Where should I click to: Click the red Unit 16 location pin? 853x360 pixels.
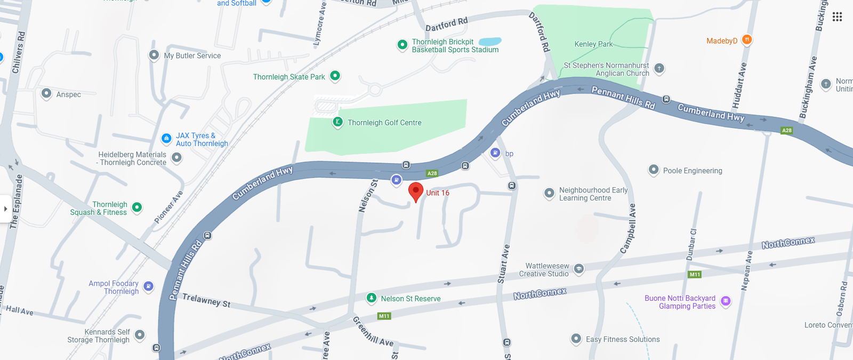pos(416,191)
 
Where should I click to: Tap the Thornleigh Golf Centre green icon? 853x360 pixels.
pos(337,122)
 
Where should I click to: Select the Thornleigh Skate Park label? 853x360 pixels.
pos(289,77)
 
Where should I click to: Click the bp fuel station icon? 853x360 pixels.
pos(495,153)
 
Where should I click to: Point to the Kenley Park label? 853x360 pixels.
pos(593,44)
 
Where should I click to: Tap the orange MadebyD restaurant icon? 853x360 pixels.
pos(747,39)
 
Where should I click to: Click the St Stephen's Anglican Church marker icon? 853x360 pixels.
pos(659,68)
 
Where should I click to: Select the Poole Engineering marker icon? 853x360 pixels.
pos(654,170)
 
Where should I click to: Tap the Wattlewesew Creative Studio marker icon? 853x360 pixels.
pos(579,268)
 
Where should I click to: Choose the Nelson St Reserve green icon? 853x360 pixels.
pos(372,298)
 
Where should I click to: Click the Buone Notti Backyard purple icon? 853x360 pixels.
pos(726,301)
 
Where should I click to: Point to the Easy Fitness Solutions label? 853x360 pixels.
pos(623,339)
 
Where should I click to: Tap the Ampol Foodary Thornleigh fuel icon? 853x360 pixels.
pos(149,286)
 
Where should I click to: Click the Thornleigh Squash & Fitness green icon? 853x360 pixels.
pos(137,207)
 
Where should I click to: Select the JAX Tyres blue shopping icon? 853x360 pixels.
pos(166,138)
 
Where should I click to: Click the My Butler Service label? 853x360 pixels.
pos(192,55)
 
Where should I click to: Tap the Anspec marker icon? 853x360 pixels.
pos(46,93)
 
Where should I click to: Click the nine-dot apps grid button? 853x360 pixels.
pos(837,17)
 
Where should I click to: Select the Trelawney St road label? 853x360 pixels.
pos(206,300)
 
